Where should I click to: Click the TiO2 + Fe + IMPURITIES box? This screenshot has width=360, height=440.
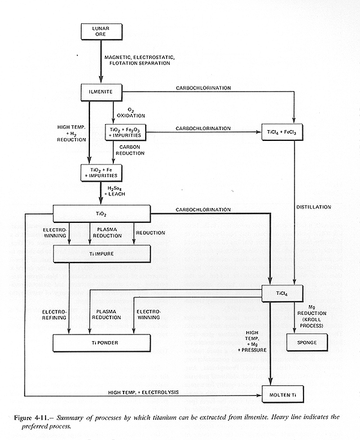pos(101,173)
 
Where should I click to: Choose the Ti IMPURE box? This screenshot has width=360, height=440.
pos(101,254)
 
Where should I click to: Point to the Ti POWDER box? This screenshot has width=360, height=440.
pos(101,342)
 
